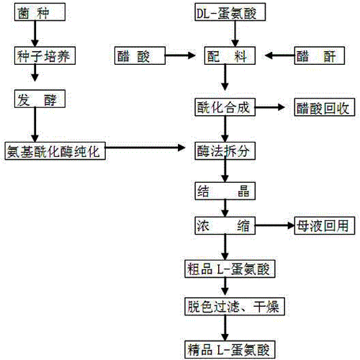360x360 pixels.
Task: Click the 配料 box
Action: pyautogui.click(x=227, y=55)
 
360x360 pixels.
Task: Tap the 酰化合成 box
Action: pyautogui.click(x=227, y=107)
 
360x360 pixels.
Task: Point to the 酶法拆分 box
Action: pyautogui.click(x=227, y=149)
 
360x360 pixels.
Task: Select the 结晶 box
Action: pyautogui.click(x=227, y=190)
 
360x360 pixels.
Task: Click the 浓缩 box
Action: pyautogui.click(x=227, y=226)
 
